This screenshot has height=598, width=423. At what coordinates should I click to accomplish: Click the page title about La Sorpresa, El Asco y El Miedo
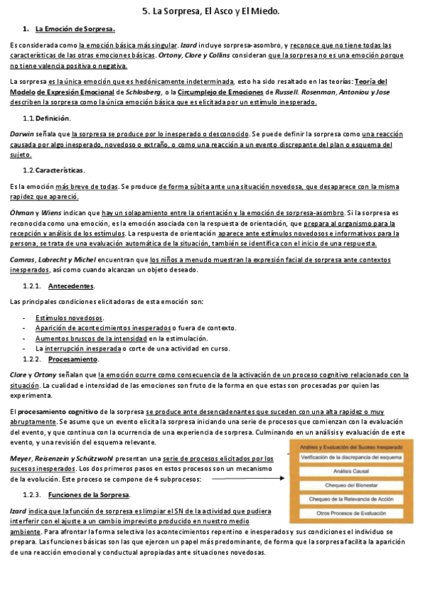[211, 11]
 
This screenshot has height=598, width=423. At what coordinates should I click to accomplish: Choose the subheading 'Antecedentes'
[71, 286]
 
